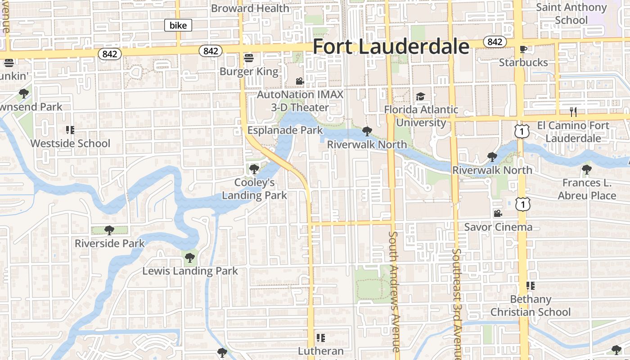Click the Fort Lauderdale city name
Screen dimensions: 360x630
pyautogui.click(x=391, y=47)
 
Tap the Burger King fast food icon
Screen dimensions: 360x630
pyautogui.click(x=249, y=58)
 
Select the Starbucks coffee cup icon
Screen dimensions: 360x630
pyautogui.click(x=523, y=49)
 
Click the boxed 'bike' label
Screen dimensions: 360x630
pyautogui.click(x=178, y=26)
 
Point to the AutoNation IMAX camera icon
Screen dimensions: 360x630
pyautogui.click(x=300, y=81)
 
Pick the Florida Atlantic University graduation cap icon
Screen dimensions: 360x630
pyautogui.click(x=420, y=97)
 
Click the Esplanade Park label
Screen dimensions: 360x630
pyautogui.click(x=285, y=130)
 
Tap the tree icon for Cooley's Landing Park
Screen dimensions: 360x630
pyautogui.click(x=254, y=169)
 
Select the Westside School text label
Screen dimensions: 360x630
pyautogui.click(x=70, y=144)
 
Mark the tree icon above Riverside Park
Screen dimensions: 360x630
pyautogui.click(x=109, y=230)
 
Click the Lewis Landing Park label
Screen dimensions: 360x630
pyautogui.click(x=190, y=271)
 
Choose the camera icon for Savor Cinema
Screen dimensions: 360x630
pyautogui.click(x=498, y=213)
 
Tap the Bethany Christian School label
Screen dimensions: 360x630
pyautogui.click(x=531, y=306)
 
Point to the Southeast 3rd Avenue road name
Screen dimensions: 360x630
pyautogui.click(x=457, y=304)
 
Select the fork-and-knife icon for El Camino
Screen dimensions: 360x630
pyautogui.click(x=573, y=112)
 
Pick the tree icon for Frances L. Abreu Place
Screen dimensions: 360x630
pyautogui.click(x=586, y=170)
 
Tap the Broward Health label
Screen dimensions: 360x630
pyautogui.click(x=250, y=8)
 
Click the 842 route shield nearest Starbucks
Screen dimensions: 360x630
pyautogui.click(x=495, y=42)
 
